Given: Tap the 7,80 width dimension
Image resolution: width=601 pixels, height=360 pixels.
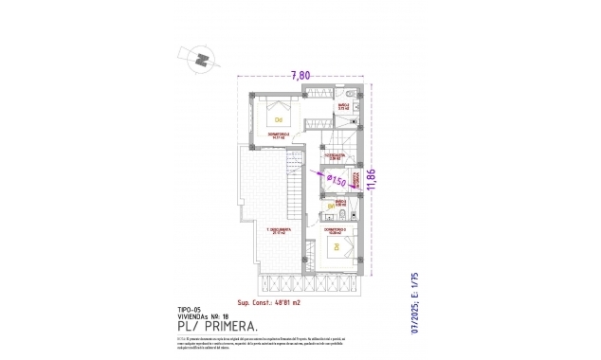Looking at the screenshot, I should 300,73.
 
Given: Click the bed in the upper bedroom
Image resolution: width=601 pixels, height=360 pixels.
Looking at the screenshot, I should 279,119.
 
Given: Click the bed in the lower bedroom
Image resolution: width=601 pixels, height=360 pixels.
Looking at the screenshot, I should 336,248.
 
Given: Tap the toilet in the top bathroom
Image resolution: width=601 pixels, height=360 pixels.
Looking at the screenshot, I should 350,96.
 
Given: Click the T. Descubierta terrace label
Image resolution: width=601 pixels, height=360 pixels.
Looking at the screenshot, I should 278,230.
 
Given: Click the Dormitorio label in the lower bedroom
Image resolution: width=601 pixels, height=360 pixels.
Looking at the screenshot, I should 336,229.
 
